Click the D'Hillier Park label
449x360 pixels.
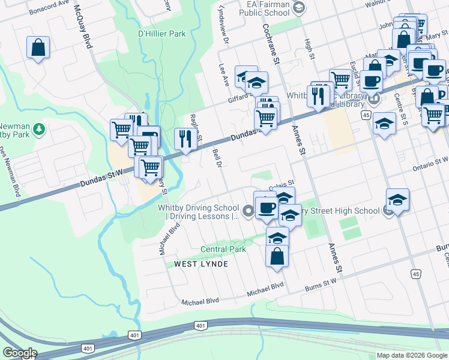(x=161, y=34)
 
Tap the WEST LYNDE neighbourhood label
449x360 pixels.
(x=201, y=264)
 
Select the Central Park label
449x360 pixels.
(x=223, y=249)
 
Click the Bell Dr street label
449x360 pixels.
(x=217, y=157)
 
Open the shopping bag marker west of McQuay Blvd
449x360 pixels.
(x=38, y=49)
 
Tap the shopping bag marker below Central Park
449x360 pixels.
(x=278, y=256)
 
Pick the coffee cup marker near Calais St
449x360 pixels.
(x=266, y=208)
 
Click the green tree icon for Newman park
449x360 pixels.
(x=39, y=128)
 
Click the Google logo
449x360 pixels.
(x=19, y=353)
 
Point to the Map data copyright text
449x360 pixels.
(x=411, y=355)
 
